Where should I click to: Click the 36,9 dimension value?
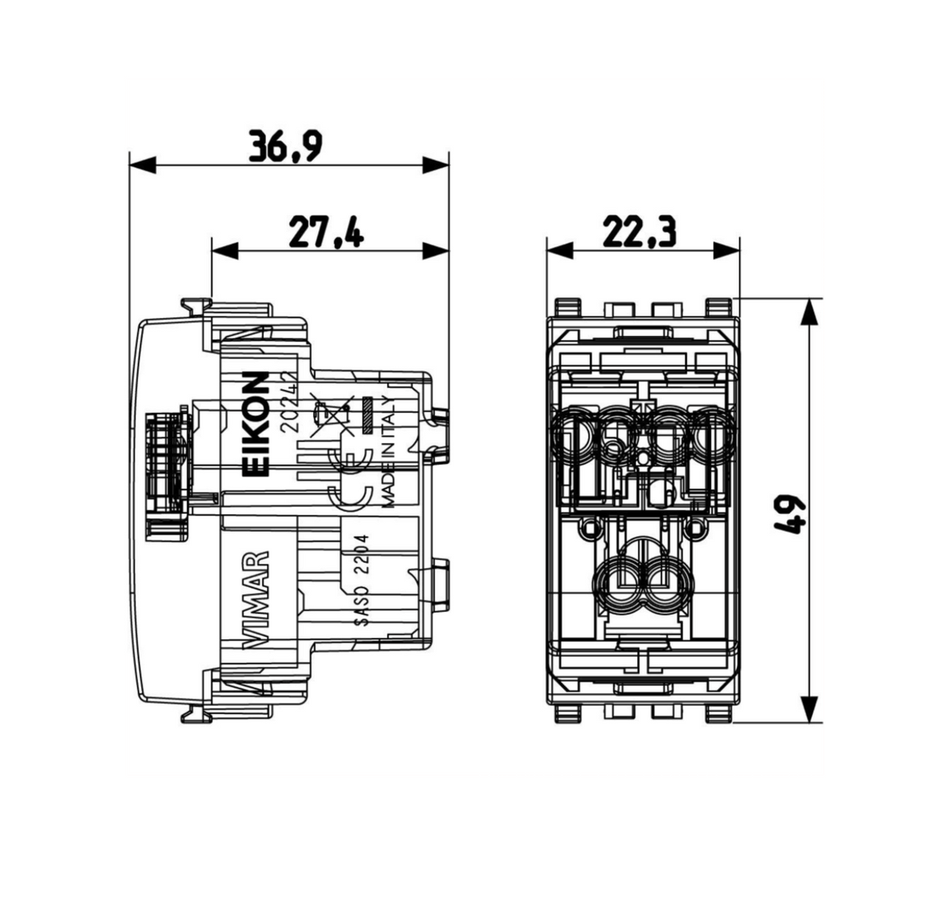pos(286,146)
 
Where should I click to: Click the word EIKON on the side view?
pos(256,424)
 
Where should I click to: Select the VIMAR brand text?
pos(256,599)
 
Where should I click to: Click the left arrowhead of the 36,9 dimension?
pos(142,166)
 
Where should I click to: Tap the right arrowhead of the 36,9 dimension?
pos(435,166)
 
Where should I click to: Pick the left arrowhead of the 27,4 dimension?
pos(225,251)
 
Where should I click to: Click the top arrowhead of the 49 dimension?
pos(810,311)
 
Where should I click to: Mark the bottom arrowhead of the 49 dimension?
pos(810,710)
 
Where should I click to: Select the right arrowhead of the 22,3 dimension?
pos(727,251)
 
